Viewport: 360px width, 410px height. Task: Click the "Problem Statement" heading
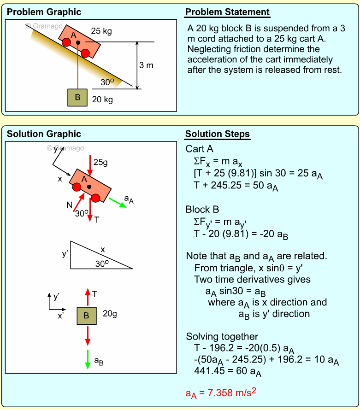(x=227, y=12)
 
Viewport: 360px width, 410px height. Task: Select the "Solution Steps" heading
(x=217, y=134)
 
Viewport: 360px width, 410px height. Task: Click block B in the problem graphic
(x=77, y=97)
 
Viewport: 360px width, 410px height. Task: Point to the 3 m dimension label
(x=146, y=65)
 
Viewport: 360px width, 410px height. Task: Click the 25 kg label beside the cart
(x=101, y=31)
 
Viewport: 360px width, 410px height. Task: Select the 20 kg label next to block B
(x=102, y=99)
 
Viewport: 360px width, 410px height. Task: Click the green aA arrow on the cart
(x=118, y=203)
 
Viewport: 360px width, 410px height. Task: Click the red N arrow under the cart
(x=79, y=203)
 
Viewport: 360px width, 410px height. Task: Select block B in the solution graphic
(x=87, y=316)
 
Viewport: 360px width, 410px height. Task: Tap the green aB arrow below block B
(x=87, y=359)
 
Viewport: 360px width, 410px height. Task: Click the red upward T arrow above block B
(x=87, y=297)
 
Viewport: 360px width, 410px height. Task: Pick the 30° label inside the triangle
(x=102, y=264)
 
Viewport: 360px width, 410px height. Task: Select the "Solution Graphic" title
(x=44, y=134)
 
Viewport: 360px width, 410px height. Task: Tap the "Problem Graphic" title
(x=44, y=12)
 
